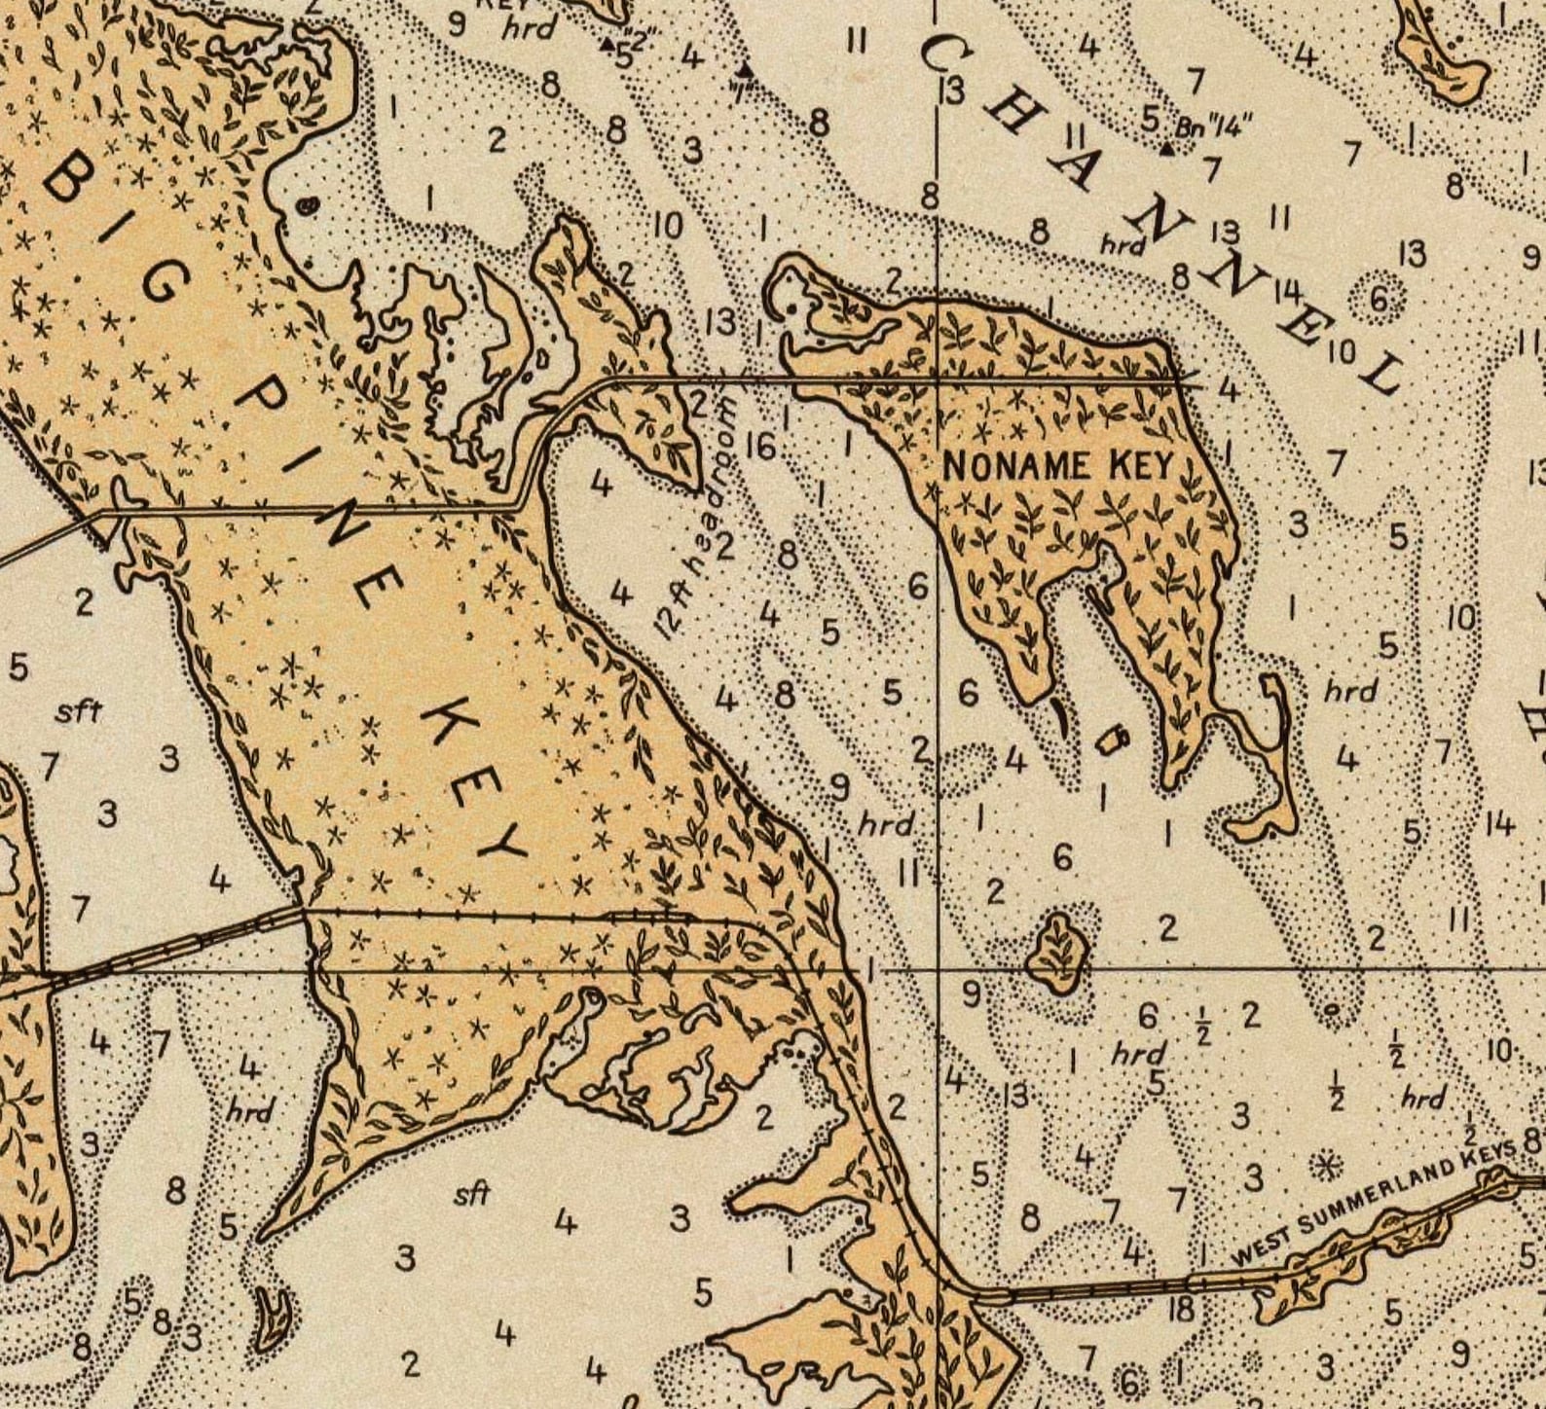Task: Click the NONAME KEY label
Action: click(1059, 466)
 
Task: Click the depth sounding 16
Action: click(760, 447)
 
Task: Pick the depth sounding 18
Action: click(1181, 1309)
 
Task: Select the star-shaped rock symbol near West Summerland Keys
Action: click(1324, 1165)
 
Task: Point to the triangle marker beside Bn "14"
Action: click(1166, 149)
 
